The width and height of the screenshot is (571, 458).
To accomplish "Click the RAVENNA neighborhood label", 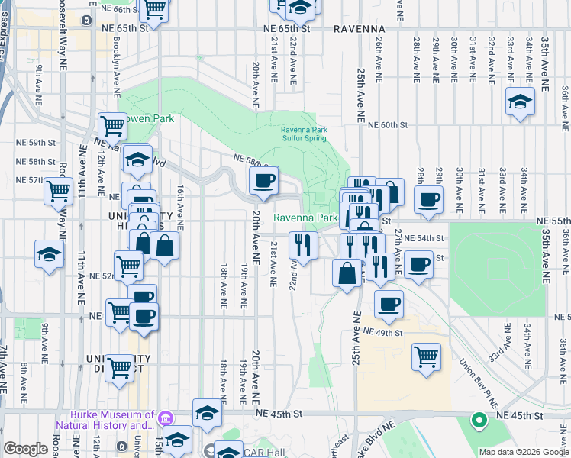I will tap(359, 28).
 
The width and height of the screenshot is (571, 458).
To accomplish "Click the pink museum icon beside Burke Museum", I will tap(164, 417).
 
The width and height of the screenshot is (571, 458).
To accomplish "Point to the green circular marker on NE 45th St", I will tap(479, 419).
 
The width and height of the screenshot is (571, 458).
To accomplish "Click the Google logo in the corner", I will tap(25, 450).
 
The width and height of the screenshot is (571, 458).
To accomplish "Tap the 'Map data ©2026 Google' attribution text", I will tap(523, 452).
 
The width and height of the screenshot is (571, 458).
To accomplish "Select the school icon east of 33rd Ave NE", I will tap(520, 102).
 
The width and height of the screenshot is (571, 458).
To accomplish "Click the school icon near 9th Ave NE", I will tap(49, 254).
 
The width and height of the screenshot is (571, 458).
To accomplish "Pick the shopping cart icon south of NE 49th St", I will tap(426, 356).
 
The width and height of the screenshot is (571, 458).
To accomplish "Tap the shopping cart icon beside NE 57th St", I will tap(59, 190).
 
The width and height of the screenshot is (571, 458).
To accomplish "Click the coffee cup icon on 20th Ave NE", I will tap(264, 181).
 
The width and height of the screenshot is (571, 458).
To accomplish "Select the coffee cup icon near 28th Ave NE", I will tap(428, 200).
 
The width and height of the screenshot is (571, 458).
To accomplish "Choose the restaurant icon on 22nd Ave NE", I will tap(303, 245).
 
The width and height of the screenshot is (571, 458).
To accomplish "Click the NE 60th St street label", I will tap(388, 125).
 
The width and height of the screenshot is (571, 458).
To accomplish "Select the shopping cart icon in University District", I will tap(120, 368).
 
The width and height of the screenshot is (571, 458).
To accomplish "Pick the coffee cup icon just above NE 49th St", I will tap(389, 304).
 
